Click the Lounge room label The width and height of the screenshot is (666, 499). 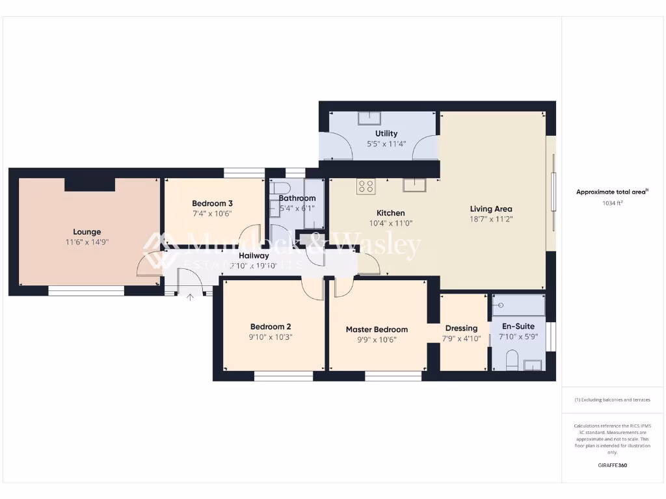[87, 232]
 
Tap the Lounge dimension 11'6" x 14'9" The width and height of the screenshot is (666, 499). [87, 242]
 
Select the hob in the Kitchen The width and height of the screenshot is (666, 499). [366, 186]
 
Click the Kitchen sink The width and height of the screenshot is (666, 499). [413, 185]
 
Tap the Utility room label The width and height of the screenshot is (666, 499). [386, 134]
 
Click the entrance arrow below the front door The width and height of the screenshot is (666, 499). [190, 298]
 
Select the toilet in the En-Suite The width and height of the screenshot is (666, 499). [512, 360]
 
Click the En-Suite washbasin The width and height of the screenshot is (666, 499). [533, 365]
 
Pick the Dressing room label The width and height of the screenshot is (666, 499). [461, 328]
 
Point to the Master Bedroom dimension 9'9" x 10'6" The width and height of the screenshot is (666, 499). [377, 339]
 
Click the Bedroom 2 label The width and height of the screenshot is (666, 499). [271, 327]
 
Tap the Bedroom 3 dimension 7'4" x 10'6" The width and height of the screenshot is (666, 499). [212, 213]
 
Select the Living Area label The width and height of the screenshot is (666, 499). [491, 209]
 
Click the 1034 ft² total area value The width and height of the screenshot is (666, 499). [612, 203]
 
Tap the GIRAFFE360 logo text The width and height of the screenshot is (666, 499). [612, 465]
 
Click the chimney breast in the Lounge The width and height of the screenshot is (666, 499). [90, 185]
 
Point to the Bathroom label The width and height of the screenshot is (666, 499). [297, 198]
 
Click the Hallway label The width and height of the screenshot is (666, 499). [254, 255]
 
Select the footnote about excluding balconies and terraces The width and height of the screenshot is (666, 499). [612, 400]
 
